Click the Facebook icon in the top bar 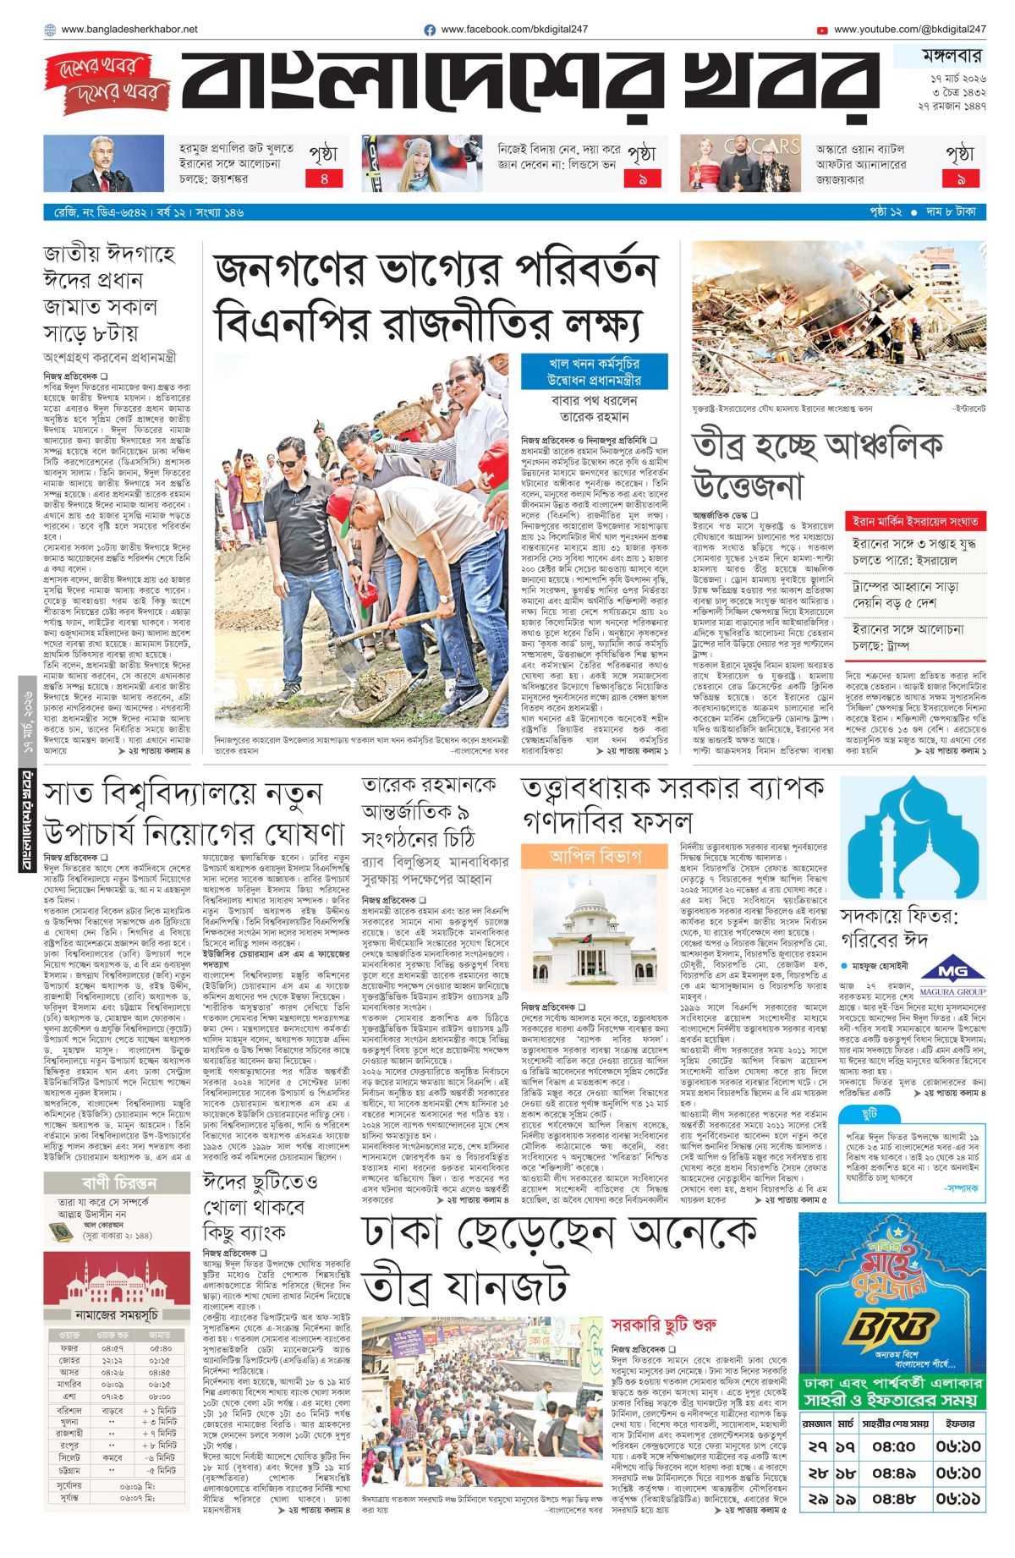pos(430,30)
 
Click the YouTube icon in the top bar pos(822,30)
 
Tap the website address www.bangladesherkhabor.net pos(129,30)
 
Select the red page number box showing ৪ pos(323,178)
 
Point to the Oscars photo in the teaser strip pos(740,163)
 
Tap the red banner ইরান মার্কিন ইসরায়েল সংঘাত pos(915,521)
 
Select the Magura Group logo pos(952,975)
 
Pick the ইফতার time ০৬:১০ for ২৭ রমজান pos(957,1446)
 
